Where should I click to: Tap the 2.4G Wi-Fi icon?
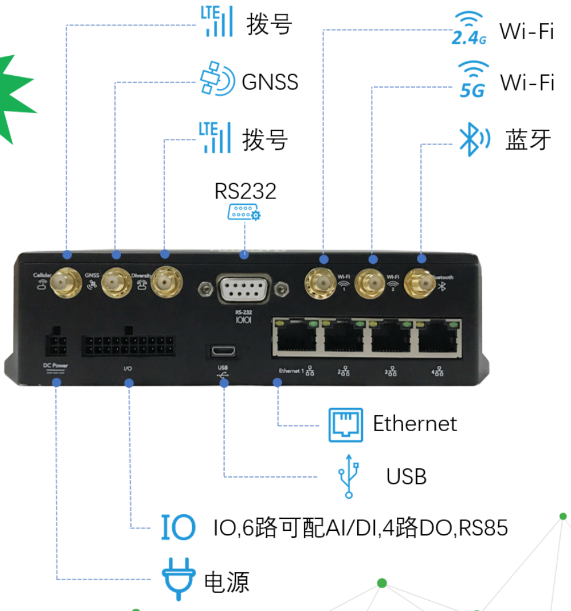point(469,29)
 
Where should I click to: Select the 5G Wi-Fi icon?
point(473,79)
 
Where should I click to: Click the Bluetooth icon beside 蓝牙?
point(473,140)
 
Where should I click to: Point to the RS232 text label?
point(245,191)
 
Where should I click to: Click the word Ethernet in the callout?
point(415,423)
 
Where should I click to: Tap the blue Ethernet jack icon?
point(345,424)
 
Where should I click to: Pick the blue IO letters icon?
point(177,527)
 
